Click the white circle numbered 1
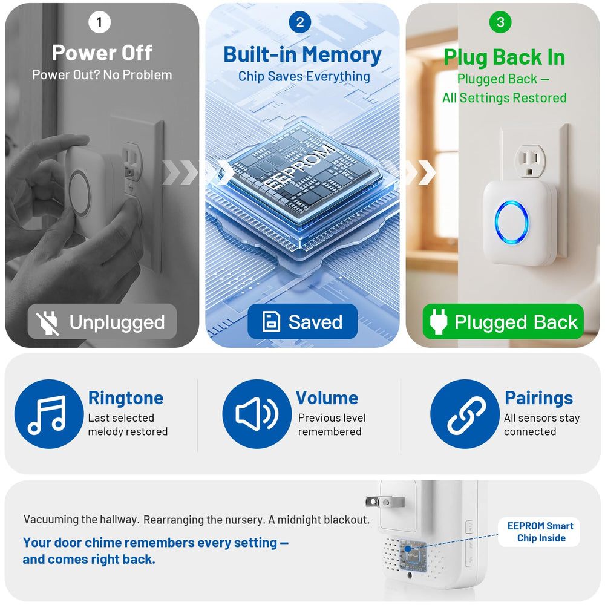100,22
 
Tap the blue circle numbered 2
300,22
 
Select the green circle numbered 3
500,22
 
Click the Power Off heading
102,53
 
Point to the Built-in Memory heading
302,54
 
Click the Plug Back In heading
505,57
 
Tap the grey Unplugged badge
102,321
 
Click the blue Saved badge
302,321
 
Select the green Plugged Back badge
503,321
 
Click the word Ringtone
126,398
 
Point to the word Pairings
539,398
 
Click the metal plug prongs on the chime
385,502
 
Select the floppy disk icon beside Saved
271,321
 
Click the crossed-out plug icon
47,322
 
